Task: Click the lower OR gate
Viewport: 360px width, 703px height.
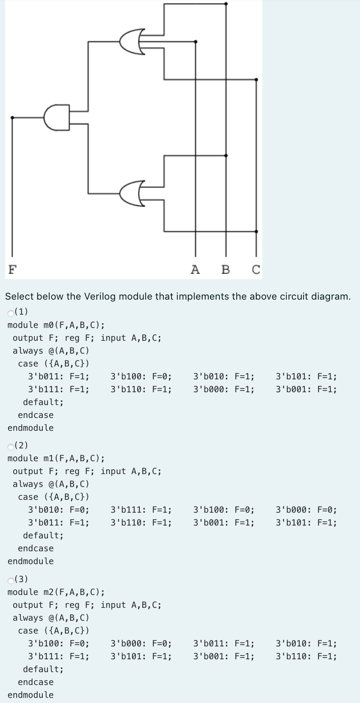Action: tap(131, 193)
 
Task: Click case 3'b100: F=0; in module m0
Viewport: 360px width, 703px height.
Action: tap(141, 377)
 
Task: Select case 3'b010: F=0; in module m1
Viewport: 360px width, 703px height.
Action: tap(58, 510)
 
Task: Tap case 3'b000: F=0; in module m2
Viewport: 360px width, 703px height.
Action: tap(141, 643)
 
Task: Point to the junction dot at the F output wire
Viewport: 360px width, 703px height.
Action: tap(12, 117)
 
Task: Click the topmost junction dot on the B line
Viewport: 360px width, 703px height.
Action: tap(226, 3)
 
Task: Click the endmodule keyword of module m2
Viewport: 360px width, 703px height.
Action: tap(31, 695)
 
